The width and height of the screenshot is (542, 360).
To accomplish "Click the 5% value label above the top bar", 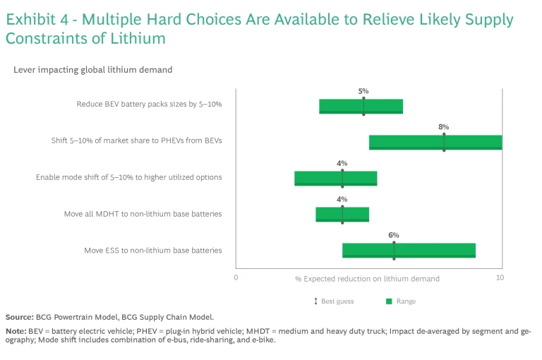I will click(x=363, y=91).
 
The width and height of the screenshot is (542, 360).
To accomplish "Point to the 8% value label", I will click(x=444, y=127).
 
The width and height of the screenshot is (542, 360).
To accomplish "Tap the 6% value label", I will click(x=394, y=235).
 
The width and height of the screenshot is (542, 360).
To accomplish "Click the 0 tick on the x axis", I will click(x=236, y=278).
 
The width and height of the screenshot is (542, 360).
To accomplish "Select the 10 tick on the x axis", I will click(x=500, y=278).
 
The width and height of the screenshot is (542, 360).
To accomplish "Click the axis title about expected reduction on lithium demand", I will click(x=367, y=279).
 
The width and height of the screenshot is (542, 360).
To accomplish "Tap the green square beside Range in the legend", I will click(x=388, y=301).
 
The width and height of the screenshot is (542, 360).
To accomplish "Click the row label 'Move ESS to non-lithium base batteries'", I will click(x=153, y=250).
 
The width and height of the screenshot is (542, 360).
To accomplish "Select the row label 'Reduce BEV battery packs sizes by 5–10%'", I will click(x=149, y=104).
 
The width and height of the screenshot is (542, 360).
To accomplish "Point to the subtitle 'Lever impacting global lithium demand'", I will click(x=92, y=70).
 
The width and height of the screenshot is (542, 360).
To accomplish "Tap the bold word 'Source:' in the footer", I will click(x=20, y=317).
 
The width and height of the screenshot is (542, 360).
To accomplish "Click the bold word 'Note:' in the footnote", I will click(x=16, y=330).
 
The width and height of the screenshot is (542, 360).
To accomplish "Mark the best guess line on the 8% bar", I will click(x=444, y=142).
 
